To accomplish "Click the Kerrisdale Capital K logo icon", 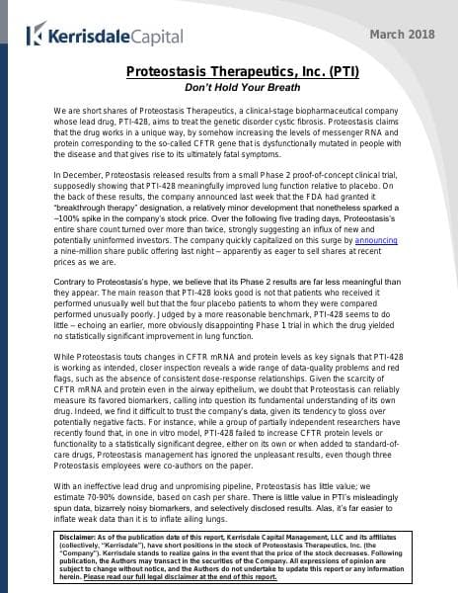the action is point(35,37).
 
